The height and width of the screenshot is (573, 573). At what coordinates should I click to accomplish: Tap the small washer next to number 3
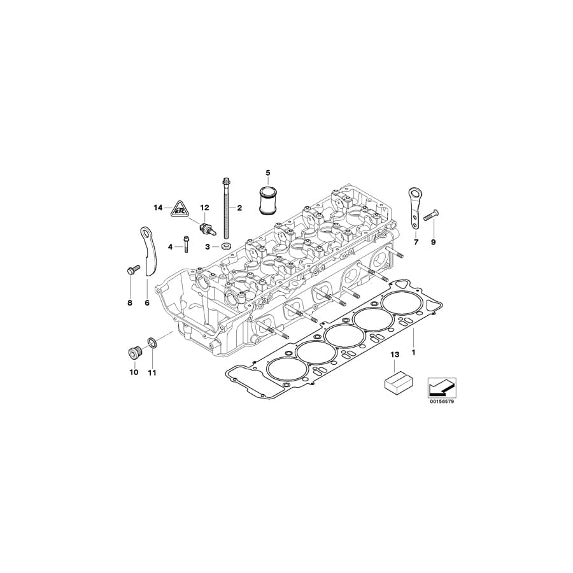226,246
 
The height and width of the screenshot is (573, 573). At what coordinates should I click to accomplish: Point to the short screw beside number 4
187,244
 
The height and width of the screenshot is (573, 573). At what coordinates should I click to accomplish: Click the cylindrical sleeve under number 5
268,201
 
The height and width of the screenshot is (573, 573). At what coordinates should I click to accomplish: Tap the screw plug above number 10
133,351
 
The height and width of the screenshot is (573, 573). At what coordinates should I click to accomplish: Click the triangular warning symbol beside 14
178,208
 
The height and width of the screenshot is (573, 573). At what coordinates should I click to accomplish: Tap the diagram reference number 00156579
441,402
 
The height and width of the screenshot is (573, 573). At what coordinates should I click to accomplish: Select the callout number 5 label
268,173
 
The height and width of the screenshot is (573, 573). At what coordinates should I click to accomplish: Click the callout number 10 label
134,372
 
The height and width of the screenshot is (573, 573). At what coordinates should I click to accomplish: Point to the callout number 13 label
395,354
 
